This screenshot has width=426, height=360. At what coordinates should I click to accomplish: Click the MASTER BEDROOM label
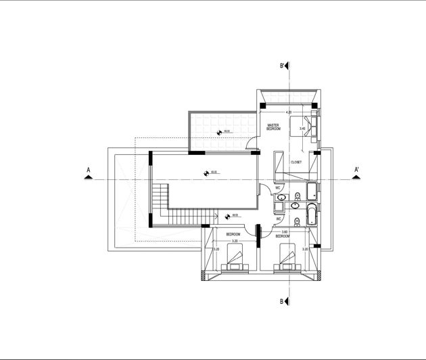274,127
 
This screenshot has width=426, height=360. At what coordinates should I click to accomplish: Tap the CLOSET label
296,162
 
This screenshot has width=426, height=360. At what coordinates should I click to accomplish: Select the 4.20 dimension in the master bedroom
289,112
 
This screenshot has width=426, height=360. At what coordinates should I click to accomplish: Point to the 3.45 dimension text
302,128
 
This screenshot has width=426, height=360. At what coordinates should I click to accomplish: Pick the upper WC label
278,188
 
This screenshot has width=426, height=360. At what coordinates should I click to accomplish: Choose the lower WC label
278,219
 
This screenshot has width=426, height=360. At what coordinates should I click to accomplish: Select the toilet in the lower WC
298,223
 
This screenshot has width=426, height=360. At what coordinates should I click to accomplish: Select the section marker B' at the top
287,67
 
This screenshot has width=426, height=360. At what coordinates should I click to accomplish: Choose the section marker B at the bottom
287,302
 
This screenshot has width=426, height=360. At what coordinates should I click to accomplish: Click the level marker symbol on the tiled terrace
218,133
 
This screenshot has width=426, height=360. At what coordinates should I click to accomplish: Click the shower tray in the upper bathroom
313,192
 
